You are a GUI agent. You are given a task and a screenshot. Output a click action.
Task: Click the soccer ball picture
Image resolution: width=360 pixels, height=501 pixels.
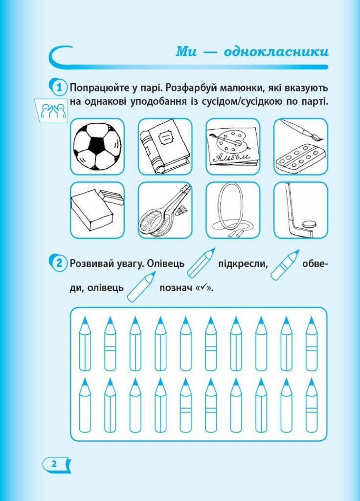point(97,146)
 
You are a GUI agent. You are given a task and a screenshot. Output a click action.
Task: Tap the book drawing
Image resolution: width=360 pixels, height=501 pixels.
point(164,146)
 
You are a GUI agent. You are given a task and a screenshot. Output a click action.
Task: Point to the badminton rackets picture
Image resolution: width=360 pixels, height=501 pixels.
point(164,210)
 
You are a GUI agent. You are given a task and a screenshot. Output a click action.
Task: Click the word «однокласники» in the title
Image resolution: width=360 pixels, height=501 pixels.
point(276,52)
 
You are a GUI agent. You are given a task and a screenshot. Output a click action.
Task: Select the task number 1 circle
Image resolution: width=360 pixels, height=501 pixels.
point(59,88)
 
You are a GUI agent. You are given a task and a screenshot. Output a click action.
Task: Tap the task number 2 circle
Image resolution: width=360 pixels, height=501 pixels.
point(59,263)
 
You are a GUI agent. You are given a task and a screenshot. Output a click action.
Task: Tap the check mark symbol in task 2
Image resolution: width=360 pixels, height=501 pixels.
point(205,288)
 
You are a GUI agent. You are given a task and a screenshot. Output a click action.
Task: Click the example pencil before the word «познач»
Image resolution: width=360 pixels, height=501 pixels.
point(141,287)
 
